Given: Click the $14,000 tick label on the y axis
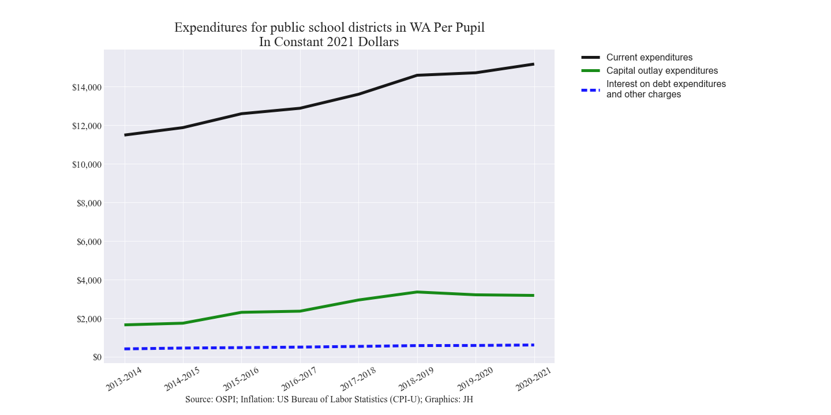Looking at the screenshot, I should coord(87,88).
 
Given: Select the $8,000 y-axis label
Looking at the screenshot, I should coord(89,203).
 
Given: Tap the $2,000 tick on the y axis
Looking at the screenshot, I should coord(89,319).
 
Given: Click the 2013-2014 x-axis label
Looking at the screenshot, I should coord(123,378).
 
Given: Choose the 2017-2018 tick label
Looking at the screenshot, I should coord(358,378).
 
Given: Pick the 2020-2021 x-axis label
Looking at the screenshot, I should coord(534,378).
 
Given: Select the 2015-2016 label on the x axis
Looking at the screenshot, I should coord(241,378).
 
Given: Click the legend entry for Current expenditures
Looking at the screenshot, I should coord(649,58).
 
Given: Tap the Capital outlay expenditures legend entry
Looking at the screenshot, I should coord(662,71).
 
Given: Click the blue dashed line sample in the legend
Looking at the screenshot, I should coord(590,90).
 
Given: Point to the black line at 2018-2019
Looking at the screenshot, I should coord(417,75).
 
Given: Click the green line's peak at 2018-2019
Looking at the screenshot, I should coord(417,292).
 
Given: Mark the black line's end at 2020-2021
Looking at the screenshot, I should coord(533,64).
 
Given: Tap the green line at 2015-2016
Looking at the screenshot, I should coord(241,312).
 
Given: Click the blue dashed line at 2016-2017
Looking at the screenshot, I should coord(300,347).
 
